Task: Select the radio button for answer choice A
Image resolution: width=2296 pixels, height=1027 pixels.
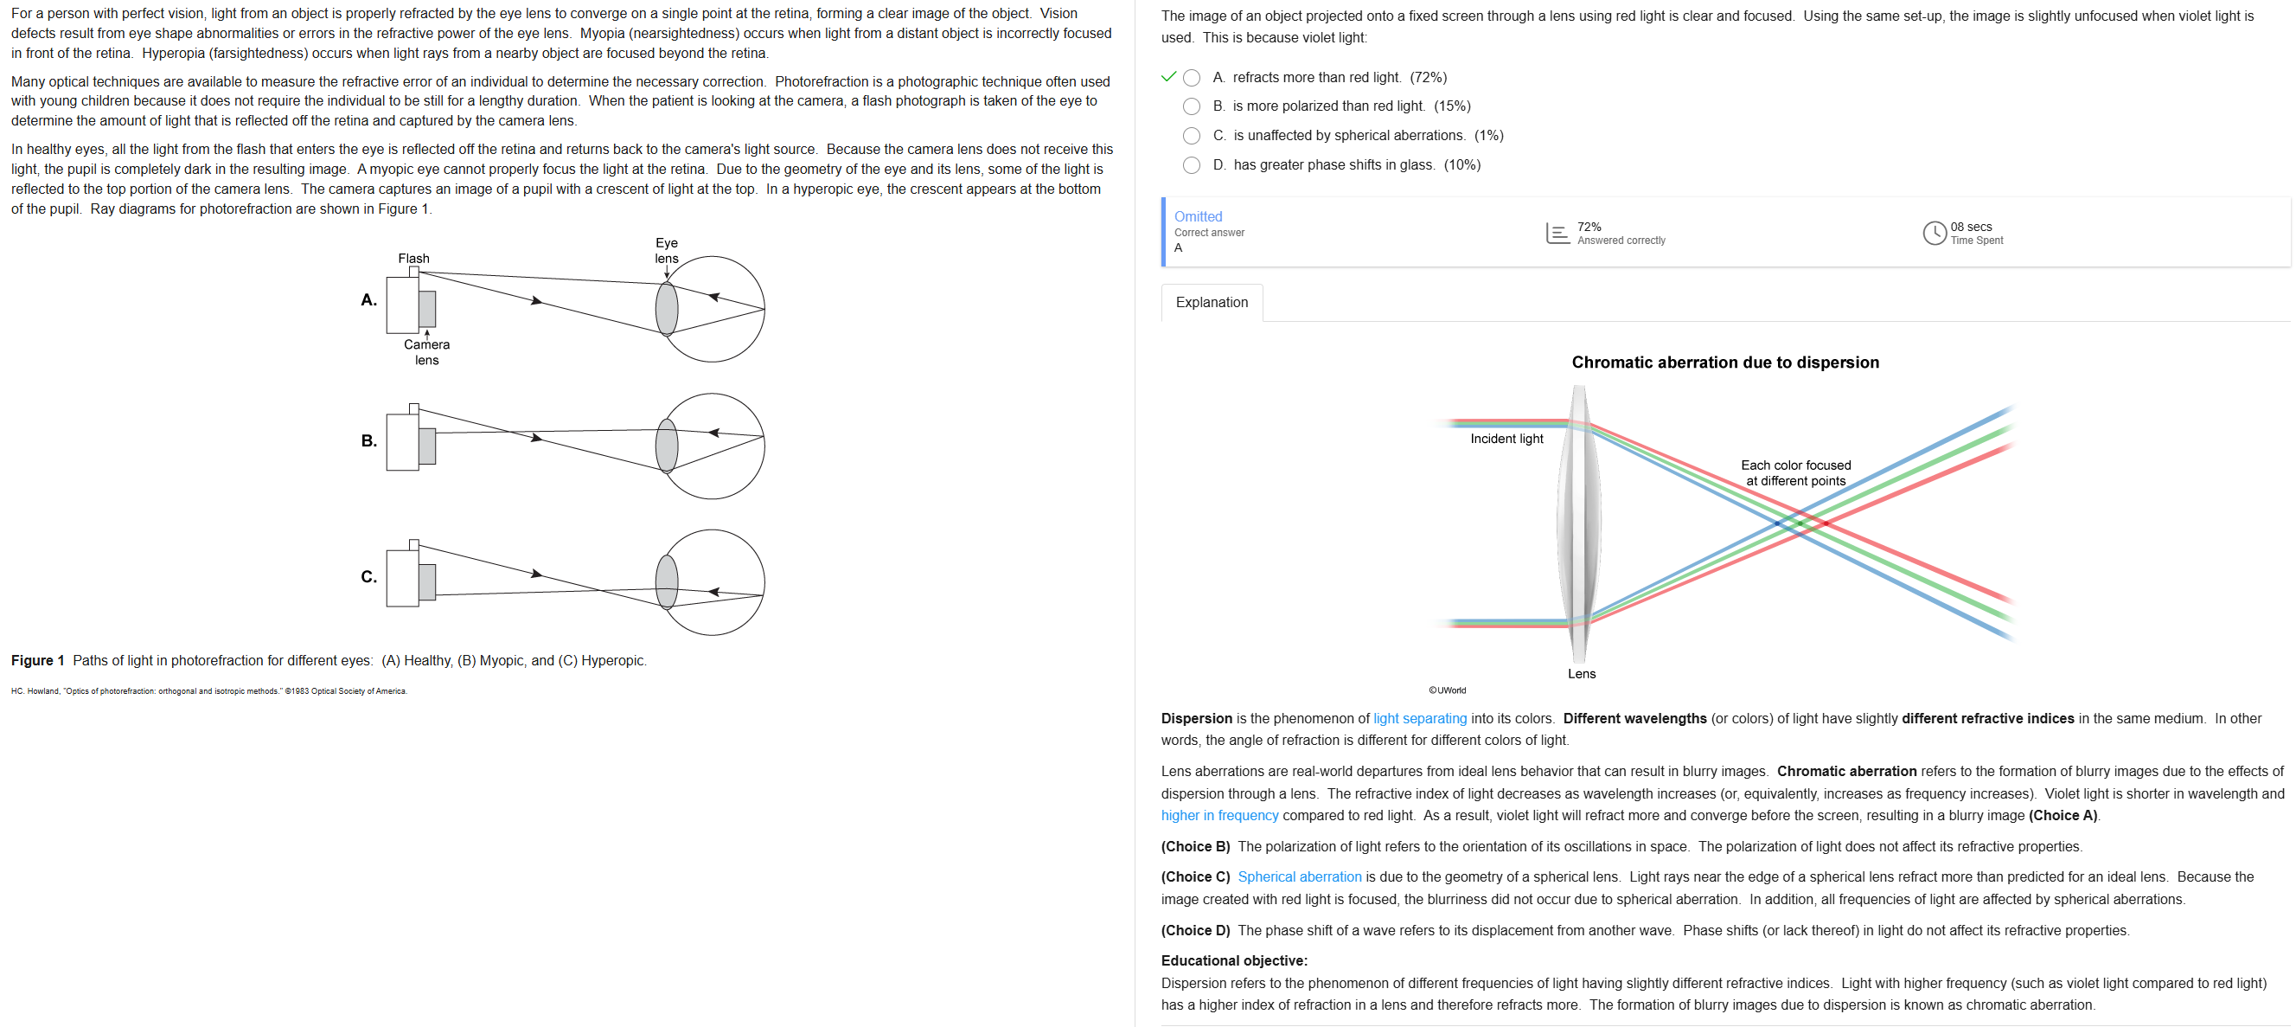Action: click(1191, 78)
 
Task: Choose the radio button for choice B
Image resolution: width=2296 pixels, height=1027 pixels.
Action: click(1191, 107)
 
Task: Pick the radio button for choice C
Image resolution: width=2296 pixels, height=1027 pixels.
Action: click(1191, 136)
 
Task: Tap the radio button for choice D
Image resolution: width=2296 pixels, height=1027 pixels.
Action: click(1191, 165)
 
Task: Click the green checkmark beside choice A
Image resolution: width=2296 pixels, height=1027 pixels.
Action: click(1168, 77)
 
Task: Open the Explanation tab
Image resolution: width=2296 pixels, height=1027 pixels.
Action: click(1212, 302)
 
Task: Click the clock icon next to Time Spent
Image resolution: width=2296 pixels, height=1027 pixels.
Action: click(1934, 233)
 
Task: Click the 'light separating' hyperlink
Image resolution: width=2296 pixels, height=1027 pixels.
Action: click(1419, 718)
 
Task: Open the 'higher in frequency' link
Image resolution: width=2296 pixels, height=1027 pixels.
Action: click(1219, 816)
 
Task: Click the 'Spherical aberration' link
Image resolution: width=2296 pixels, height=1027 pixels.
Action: click(1299, 877)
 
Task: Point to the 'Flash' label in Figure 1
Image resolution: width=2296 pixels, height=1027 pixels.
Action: click(413, 259)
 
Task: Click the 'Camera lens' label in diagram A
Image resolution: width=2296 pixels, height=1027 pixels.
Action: click(427, 352)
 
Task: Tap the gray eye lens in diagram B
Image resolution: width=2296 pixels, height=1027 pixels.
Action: click(667, 445)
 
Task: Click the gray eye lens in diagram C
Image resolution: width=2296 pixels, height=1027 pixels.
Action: click(667, 581)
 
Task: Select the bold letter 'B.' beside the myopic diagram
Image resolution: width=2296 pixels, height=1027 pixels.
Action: click(369, 440)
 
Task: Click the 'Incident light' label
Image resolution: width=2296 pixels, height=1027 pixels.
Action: click(1506, 439)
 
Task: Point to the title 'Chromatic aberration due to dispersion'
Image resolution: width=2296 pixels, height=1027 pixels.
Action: click(1724, 362)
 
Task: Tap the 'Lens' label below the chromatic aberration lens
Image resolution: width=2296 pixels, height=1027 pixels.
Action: click(1581, 674)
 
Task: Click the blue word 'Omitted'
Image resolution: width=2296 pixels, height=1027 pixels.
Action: click(1198, 216)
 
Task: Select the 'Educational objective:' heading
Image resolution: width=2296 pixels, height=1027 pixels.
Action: click(1233, 961)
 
